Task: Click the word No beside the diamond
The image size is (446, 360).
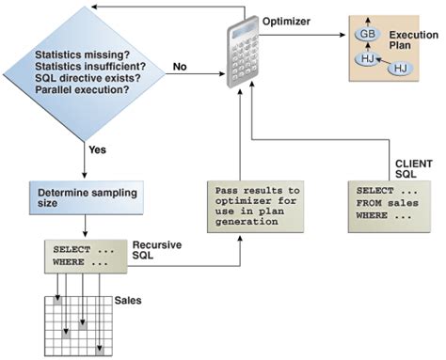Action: point(179,67)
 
